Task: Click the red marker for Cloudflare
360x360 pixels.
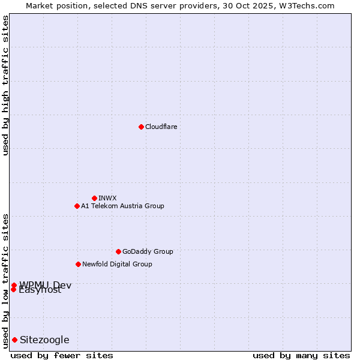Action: coord(141,127)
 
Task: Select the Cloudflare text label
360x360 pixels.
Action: coord(161,127)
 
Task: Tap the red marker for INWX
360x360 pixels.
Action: coord(94,198)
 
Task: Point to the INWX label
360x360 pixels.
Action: coord(107,198)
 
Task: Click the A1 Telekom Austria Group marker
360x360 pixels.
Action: coord(77,206)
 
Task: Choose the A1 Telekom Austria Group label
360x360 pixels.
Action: coord(122,206)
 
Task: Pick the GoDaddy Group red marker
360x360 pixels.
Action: coord(118,251)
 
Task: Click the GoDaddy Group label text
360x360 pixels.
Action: coord(147,251)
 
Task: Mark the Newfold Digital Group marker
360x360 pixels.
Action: coord(78,264)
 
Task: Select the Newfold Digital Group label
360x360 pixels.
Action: coord(117,264)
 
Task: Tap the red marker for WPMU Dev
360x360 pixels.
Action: coord(14,285)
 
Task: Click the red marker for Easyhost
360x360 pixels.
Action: coord(13,289)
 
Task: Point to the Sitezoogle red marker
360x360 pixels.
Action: coord(14,340)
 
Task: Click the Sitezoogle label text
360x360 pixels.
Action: coord(44,340)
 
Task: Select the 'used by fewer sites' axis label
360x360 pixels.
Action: coord(62,355)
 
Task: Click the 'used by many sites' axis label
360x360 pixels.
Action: coord(301,355)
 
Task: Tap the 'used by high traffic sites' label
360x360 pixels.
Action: coord(5,85)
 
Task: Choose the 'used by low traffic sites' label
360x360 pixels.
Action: coord(5,280)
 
